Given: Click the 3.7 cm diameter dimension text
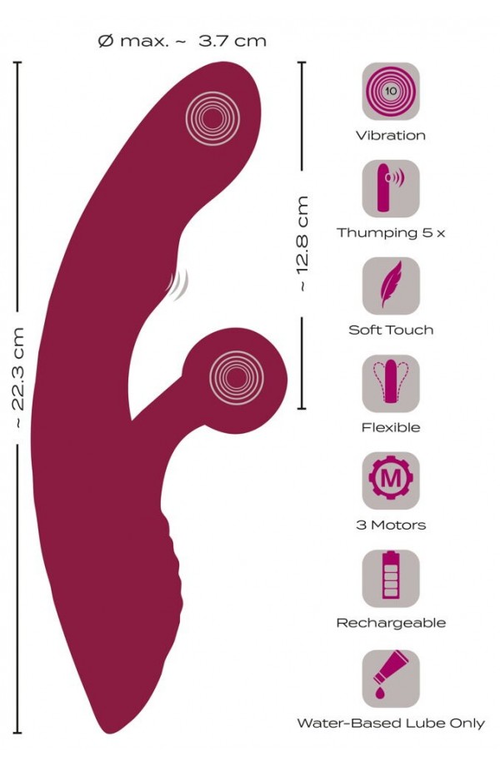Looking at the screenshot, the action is coord(182,41).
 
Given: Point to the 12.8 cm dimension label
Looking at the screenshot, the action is coord(302,243).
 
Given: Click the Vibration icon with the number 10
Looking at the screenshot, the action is coord(391,91).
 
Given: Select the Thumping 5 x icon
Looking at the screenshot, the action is coord(391,188).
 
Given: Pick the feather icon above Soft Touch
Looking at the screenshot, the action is coord(391,286).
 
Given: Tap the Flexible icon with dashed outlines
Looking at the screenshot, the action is coord(391,384).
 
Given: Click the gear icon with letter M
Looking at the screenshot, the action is coord(391,480).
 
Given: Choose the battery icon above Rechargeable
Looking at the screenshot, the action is coord(391,579).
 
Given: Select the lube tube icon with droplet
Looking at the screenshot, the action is coord(391,679).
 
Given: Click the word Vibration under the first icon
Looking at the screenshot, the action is coord(391,136).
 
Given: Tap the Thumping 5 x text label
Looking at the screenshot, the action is coord(391,233).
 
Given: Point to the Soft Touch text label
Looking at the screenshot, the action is coord(391,331).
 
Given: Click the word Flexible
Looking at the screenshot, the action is coord(391,427).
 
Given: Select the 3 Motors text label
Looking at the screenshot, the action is coord(391,525).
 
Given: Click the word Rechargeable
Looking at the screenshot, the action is coord(391,623).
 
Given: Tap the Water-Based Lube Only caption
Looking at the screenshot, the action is coord(391,723).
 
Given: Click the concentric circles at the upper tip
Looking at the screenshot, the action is coord(212,118).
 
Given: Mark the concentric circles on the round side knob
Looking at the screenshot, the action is coord(237,378).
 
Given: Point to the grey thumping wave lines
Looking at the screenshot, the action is coord(177,284).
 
